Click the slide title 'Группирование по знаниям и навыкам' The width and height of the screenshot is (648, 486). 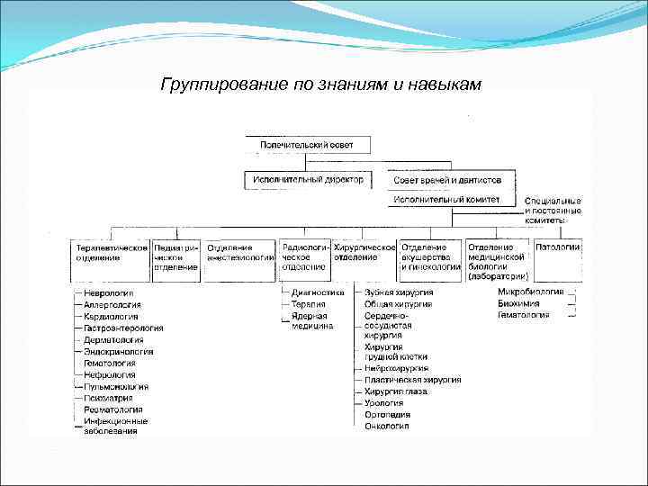click(x=321, y=85)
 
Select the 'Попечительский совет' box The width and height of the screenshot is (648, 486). click(x=306, y=144)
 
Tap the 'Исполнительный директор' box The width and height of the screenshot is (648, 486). click(x=308, y=180)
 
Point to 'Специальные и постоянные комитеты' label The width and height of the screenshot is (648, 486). click(x=553, y=210)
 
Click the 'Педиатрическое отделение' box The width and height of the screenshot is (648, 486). click(x=175, y=257)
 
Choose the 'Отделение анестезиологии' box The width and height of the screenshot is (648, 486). click(x=239, y=252)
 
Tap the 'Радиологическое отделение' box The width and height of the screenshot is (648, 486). click(x=304, y=257)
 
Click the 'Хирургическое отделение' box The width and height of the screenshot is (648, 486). click(x=364, y=252)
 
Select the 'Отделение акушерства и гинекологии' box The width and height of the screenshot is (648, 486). click(x=431, y=257)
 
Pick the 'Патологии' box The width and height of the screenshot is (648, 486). click(x=558, y=247)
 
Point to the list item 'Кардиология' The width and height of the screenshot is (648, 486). click(x=111, y=317)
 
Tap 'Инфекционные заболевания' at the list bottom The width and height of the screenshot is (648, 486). click(x=116, y=426)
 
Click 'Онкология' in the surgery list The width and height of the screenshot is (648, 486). click(x=387, y=427)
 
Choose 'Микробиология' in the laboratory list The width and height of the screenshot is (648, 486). click(x=531, y=292)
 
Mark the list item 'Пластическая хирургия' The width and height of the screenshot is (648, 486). click(x=412, y=380)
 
